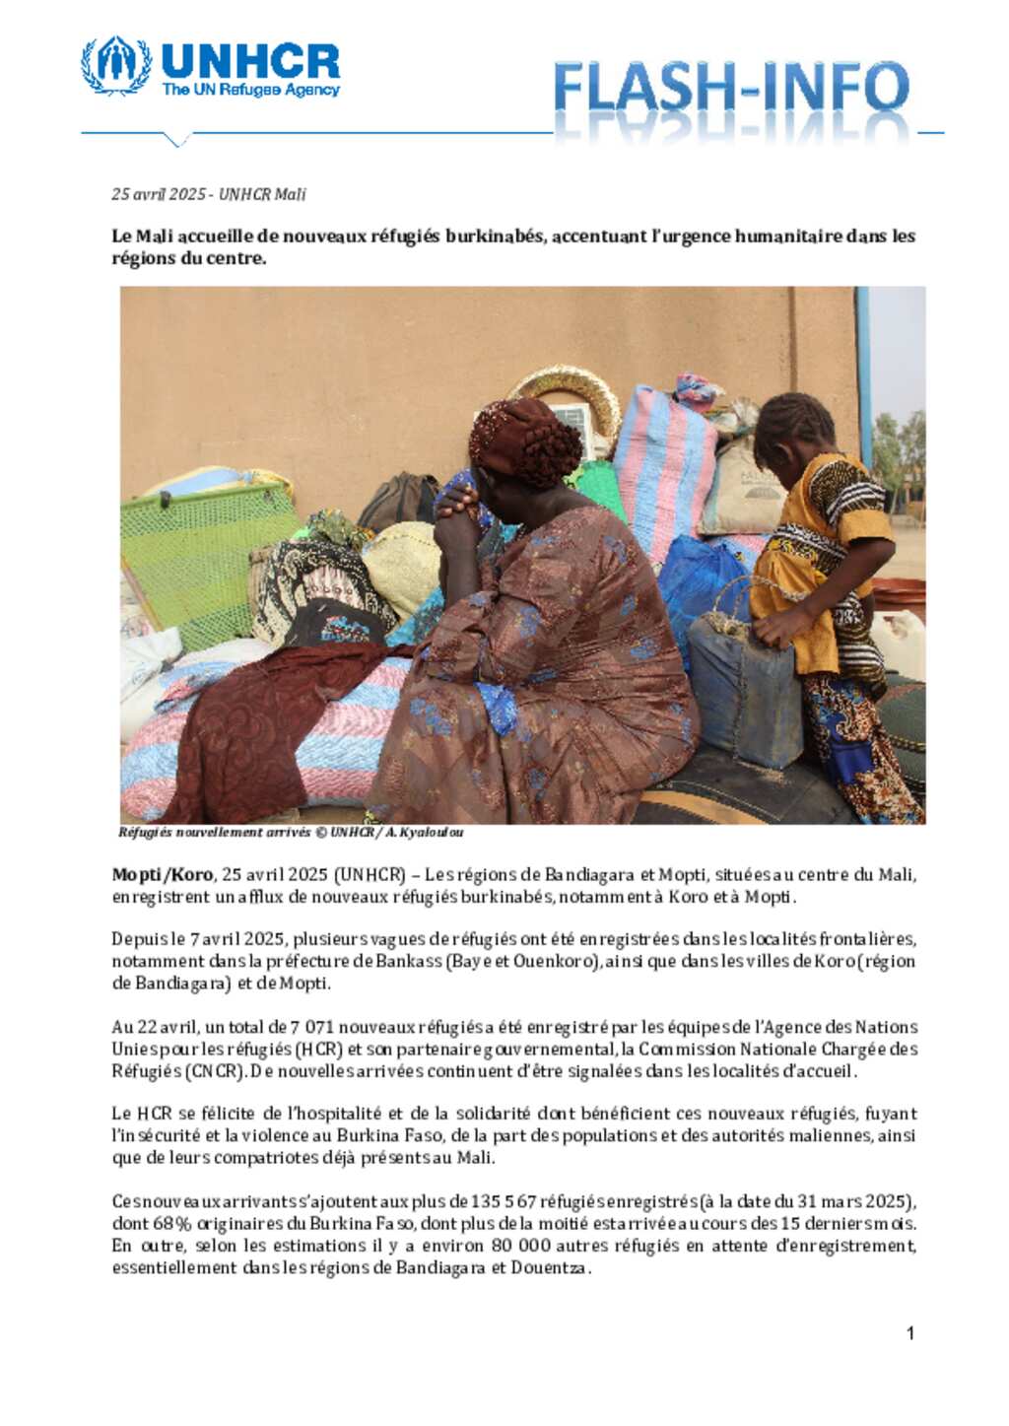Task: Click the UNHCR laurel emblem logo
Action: click(116, 66)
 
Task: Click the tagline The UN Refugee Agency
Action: click(250, 90)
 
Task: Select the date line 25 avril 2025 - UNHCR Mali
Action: click(208, 194)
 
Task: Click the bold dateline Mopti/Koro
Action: click(162, 875)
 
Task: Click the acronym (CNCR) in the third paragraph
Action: click(215, 1071)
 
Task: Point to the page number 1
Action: click(909, 1333)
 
